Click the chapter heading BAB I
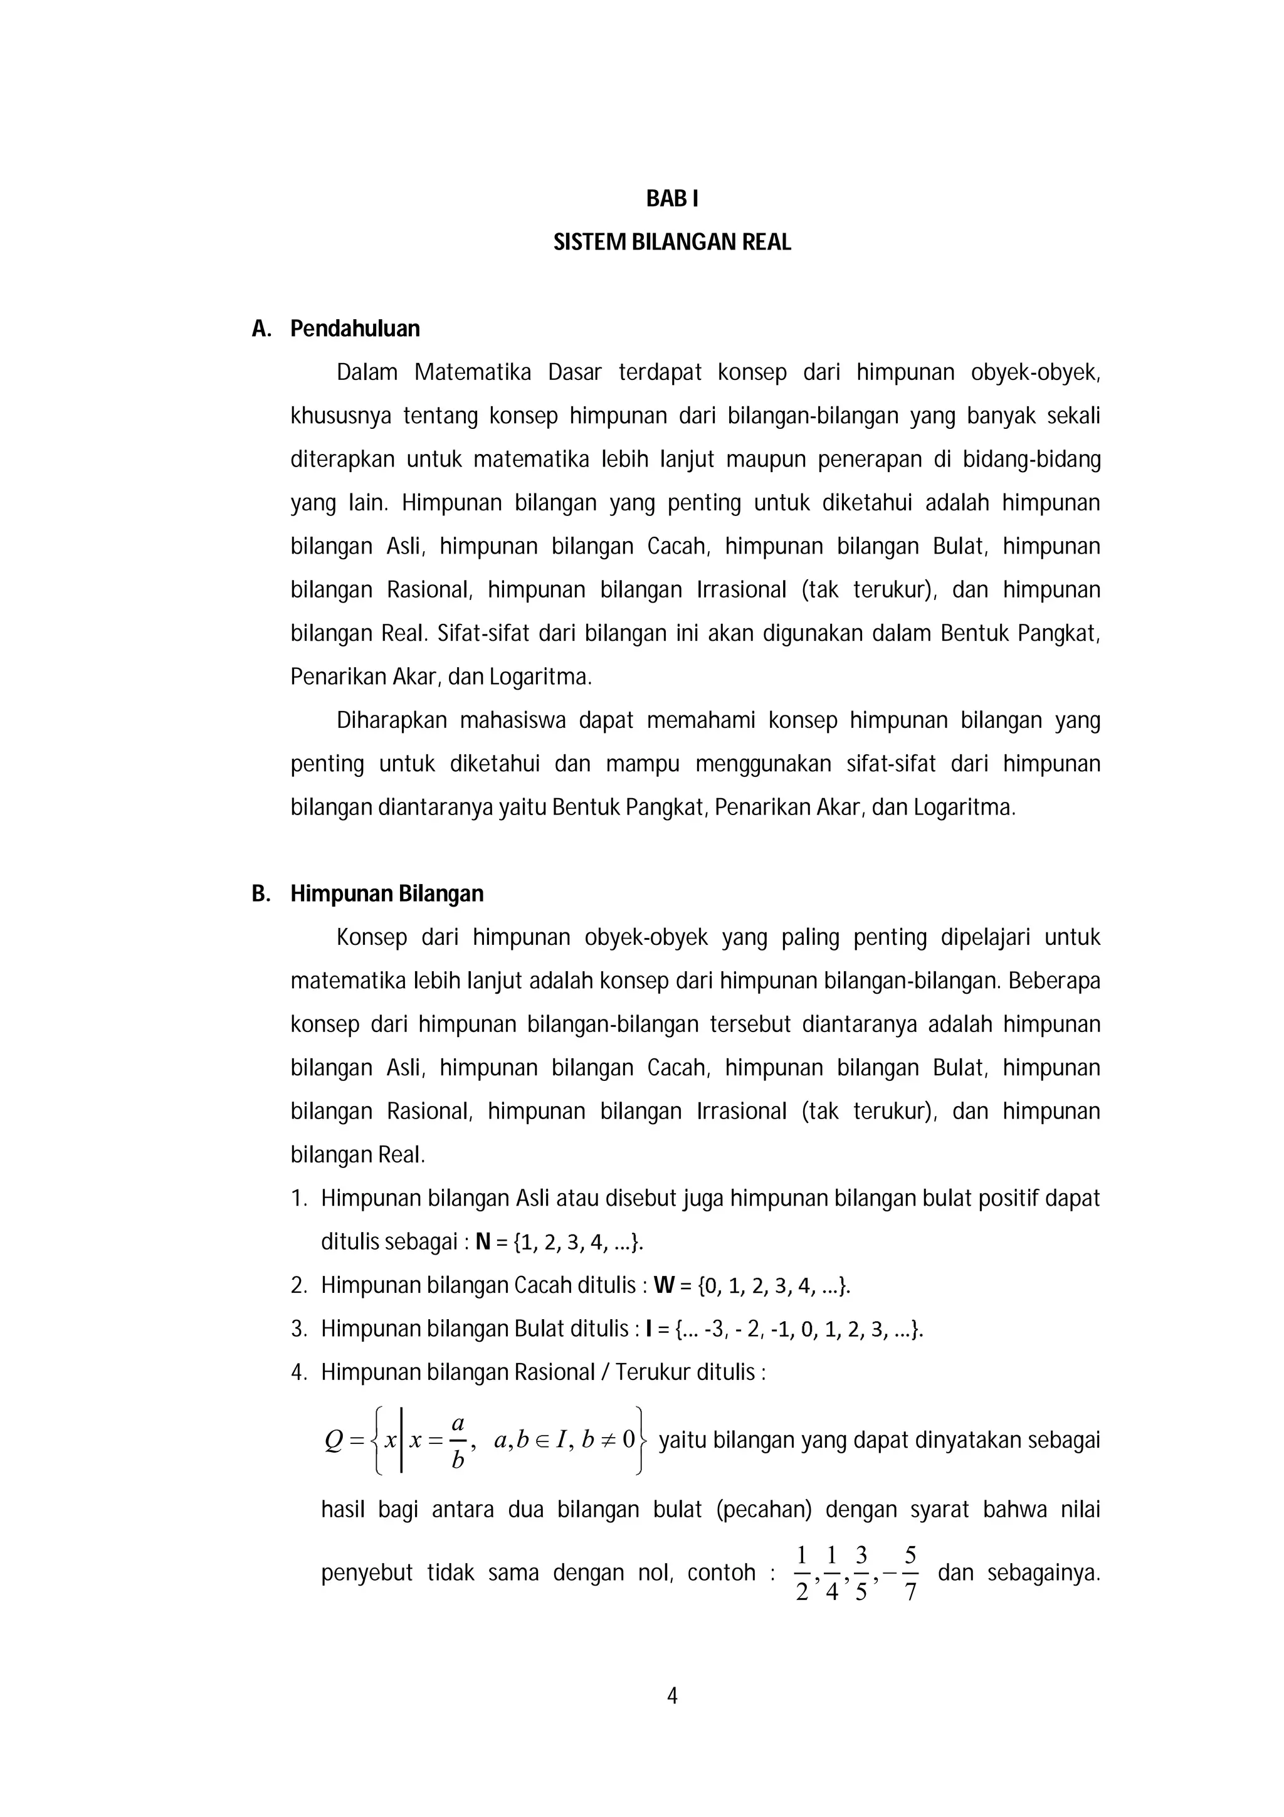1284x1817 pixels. tap(671, 199)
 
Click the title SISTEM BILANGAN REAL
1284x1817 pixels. tap(671, 242)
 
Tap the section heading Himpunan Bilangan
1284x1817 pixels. tap(386, 893)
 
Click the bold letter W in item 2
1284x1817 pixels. tap(663, 1285)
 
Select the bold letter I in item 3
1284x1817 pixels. tap(648, 1329)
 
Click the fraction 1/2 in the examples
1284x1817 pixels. tap(801, 1572)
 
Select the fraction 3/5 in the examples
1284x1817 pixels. tap(861, 1572)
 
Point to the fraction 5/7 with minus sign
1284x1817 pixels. tap(904, 1572)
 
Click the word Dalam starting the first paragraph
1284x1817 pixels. tap(367, 372)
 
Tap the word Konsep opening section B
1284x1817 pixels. tap(371, 938)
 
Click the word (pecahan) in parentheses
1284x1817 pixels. tap(764, 1510)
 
